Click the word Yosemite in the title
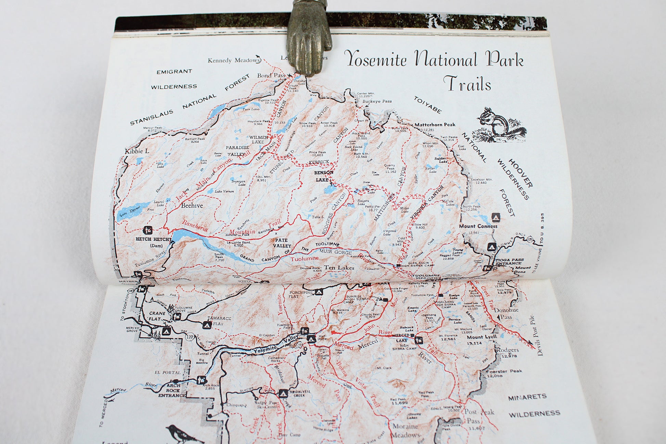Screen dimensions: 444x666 [375, 59]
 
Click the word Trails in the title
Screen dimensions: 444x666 [467, 84]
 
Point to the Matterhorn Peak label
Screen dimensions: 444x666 [435, 125]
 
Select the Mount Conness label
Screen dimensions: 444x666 [478, 226]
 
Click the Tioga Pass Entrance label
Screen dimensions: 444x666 [509, 262]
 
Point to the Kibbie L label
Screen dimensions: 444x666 [137, 151]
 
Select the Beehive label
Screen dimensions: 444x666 [192, 205]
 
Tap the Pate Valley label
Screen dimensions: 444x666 [282, 243]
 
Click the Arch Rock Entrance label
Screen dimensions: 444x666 [172, 390]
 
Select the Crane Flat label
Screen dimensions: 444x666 [157, 316]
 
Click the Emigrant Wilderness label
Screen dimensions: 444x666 [174, 79]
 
